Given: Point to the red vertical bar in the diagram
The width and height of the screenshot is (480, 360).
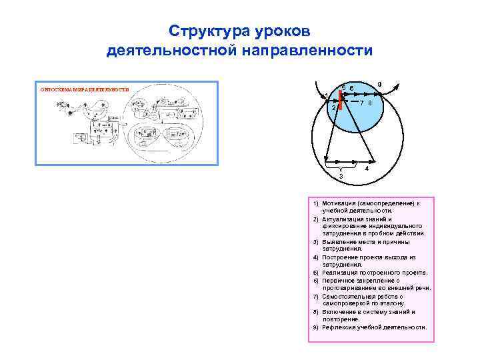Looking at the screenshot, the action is pyautogui.click(x=341, y=99).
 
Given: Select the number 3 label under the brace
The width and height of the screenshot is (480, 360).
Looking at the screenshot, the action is pyautogui.click(x=341, y=177).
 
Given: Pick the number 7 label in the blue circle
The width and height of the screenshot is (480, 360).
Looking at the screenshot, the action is pyautogui.click(x=361, y=103).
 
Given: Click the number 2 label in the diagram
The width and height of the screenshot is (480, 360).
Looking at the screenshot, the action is pyautogui.click(x=333, y=107).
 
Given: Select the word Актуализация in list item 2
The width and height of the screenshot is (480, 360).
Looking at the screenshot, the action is pyautogui.click(x=343, y=219).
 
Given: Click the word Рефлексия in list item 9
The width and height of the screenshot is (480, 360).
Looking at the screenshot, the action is pyautogui.click(x=339, y=327).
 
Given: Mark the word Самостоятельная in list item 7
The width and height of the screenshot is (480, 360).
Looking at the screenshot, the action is pyautogui.click(x=348, y=295).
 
